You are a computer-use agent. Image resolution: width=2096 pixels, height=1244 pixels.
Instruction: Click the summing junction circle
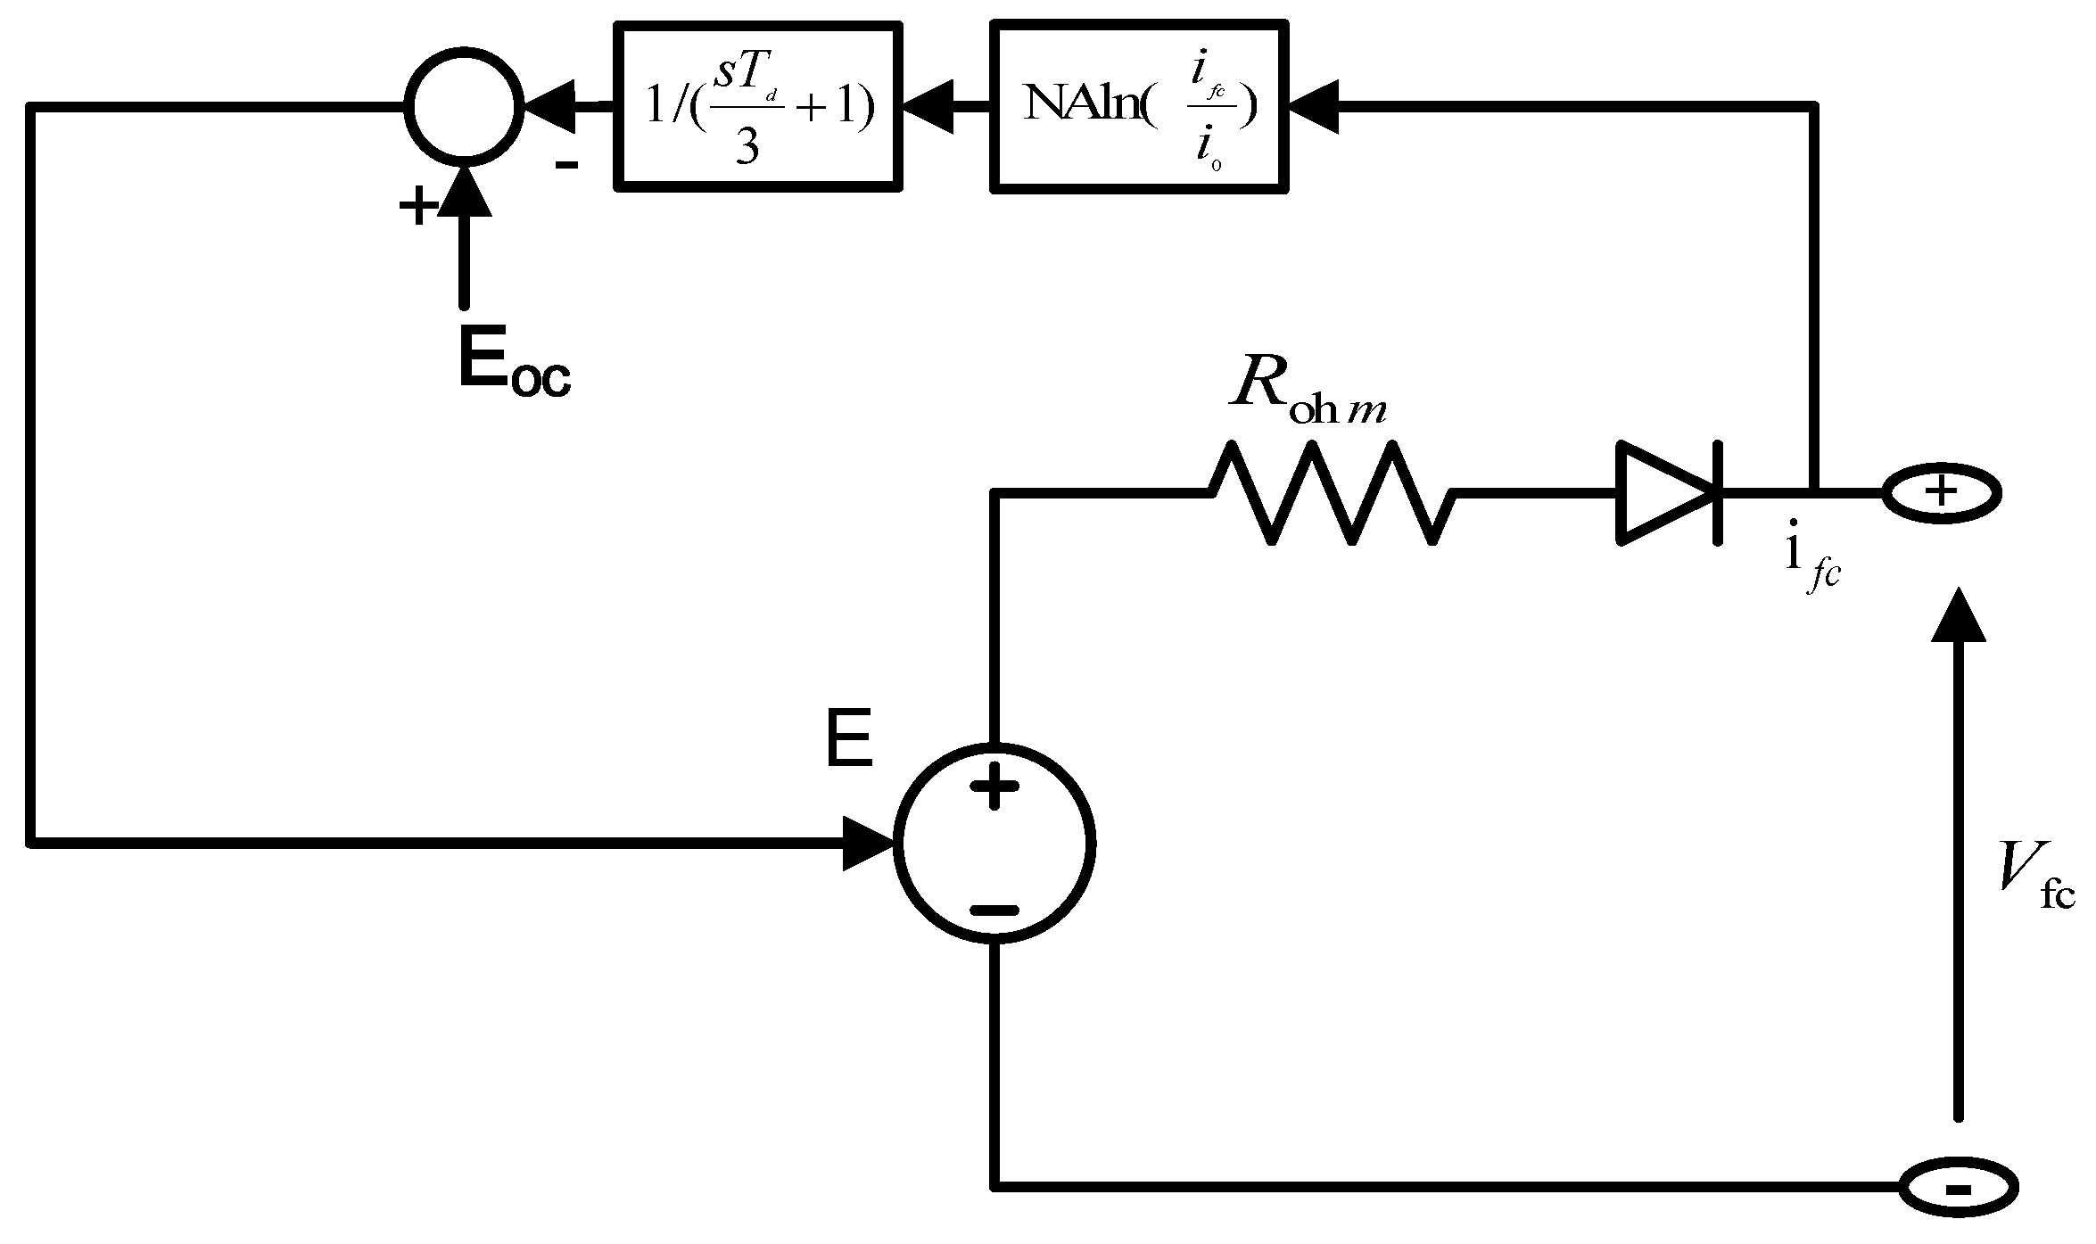[x=464, y=107]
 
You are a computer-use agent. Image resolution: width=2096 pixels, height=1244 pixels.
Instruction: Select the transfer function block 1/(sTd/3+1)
[x=758, y=107]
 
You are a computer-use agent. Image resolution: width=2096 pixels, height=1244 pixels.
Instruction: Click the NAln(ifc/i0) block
[x=1139, y=107]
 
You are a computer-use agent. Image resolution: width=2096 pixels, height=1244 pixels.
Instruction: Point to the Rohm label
[x=1307, y=397]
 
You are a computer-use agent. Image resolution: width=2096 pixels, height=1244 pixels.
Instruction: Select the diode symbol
[x=1668, y=492]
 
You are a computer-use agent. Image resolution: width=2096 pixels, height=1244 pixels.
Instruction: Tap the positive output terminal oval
[x=1941, y=492]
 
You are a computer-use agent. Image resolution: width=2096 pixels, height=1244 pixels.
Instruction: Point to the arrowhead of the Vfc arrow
[x=1958, y=615]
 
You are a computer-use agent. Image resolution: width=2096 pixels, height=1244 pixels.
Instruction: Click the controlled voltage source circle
[x=994, y=843]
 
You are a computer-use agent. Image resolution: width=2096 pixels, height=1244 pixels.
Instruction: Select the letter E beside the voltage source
[x=848, y=740]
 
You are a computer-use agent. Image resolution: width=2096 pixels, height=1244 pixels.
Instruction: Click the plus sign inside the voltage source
[x=994, y=787]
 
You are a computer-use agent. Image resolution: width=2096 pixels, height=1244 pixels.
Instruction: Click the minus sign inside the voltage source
[x=994, y=910]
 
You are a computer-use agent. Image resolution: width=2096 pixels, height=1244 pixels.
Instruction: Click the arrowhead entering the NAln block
[x=1311, y=107]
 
